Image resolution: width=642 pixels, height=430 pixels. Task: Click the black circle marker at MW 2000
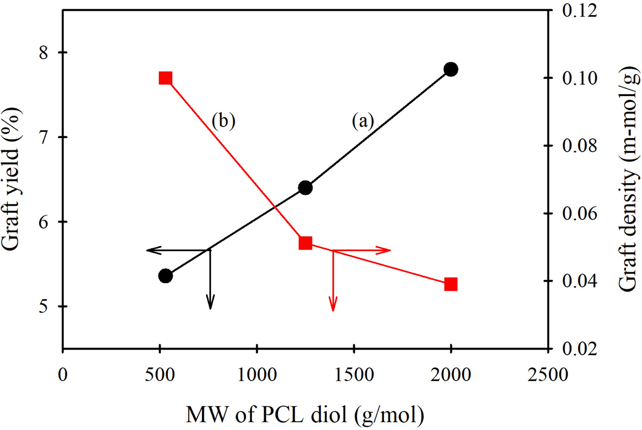coord(450,69)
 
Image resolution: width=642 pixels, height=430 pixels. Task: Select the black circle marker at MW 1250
coord(305,188)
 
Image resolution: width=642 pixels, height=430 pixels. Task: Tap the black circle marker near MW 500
coord(165,276)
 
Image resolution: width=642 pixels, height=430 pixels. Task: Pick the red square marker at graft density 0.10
coord(165,78)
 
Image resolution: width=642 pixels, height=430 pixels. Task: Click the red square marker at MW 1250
coord(305,243)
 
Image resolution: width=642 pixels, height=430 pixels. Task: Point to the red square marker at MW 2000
coord(451,284)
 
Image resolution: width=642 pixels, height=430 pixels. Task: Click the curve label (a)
coord(363,121)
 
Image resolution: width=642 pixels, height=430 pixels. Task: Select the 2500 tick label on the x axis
coord(548,375)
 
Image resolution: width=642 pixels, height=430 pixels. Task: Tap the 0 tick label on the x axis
coord(63,375)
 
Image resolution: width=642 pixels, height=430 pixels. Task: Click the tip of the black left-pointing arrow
coord(147,250)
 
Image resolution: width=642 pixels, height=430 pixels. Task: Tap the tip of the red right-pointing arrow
coord(391,250)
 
